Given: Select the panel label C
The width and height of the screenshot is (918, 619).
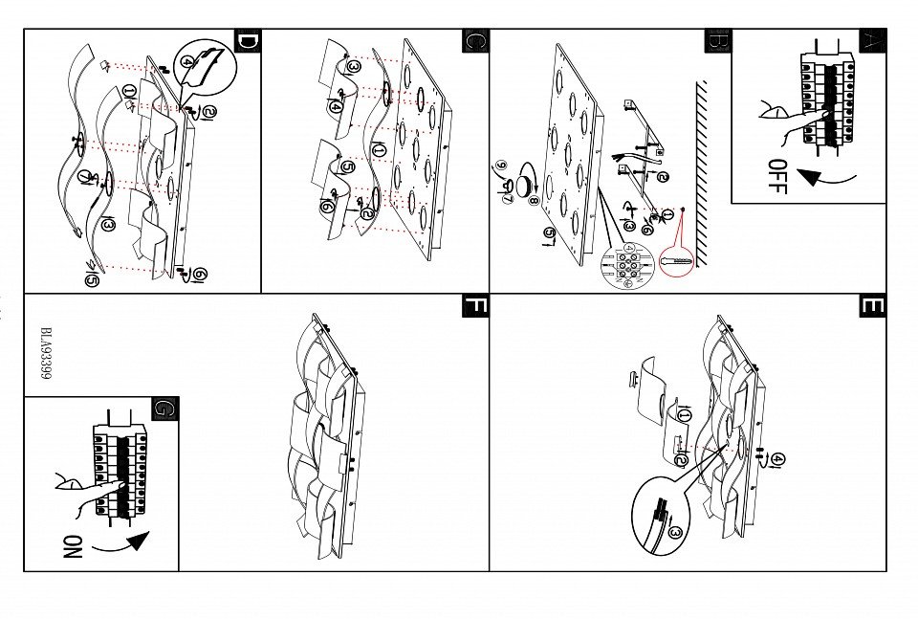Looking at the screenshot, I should click(x=476, y=41).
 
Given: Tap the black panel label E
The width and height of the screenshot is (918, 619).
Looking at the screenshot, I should click(x=872, y=306).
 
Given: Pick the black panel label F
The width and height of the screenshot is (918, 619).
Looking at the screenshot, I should click(x=475, y=306).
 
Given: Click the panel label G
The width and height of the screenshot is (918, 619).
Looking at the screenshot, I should click(x=165, y=409).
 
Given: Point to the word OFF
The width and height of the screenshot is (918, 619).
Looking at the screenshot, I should click(x=776, y=177).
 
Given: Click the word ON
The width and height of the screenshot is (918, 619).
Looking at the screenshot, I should click(x=73, y=546).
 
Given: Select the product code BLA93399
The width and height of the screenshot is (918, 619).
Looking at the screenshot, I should click(x=46, y=357).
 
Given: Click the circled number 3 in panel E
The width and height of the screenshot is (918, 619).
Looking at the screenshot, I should click(x=675, y=533).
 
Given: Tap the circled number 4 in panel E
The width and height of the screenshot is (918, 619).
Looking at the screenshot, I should click(x=778, y=460).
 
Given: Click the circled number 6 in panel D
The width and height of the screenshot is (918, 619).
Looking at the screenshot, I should click(x=201, y=275).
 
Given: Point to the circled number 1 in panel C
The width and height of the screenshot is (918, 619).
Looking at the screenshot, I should click(x=379, y=149).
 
